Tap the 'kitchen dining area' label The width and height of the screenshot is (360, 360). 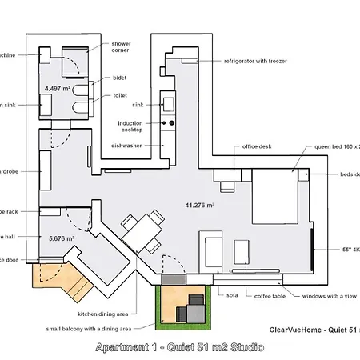pos(102,314)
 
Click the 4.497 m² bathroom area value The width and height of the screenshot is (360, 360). pos(58,88)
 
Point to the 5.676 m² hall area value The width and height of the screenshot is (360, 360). pos(60,238)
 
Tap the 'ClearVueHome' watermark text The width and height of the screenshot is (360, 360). pos(301,329)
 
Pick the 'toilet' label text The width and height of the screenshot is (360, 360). pos(120,94)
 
